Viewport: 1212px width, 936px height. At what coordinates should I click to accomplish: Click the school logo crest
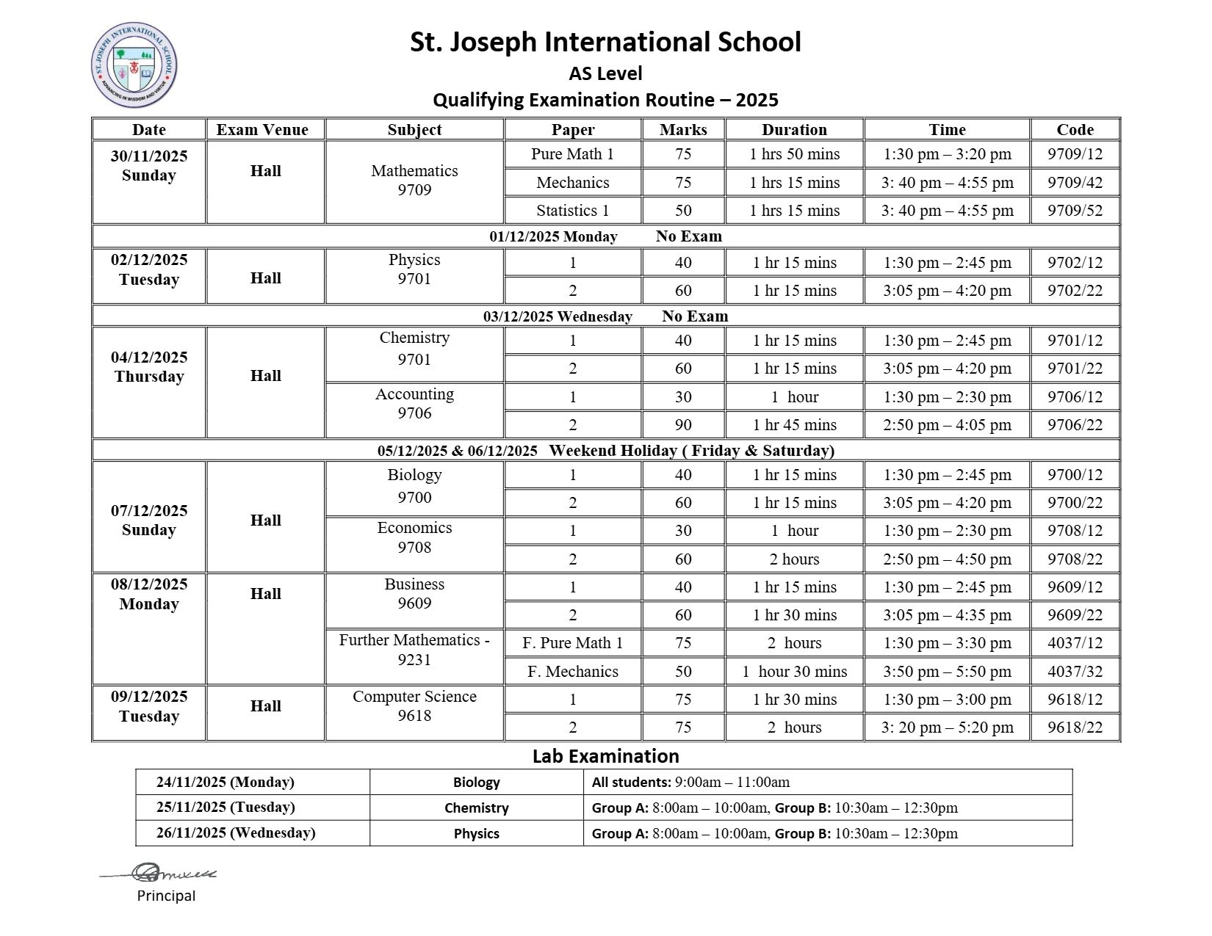tap(134, 65)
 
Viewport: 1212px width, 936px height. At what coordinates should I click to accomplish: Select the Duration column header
tap(794, 130)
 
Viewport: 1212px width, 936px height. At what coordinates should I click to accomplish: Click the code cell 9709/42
tap(1075, 183)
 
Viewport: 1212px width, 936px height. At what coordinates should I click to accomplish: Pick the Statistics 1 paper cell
tap(572, 211)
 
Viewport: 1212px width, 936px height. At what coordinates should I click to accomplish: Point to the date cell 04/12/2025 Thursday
tap(148, 367)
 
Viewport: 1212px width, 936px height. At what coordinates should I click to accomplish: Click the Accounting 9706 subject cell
tap(414, 404)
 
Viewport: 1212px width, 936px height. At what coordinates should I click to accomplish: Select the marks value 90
tap(683, 425)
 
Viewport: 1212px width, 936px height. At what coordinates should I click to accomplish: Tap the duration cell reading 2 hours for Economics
tap(794, 559)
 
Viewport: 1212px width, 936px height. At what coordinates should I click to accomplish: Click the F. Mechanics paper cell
tap(572, 672)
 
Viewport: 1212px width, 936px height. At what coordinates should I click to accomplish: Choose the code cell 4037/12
tap(1075, 643)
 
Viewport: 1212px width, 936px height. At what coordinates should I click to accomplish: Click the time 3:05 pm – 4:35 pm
tap(947, 615)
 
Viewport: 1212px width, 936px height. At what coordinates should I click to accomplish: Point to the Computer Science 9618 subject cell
tap(414, 706)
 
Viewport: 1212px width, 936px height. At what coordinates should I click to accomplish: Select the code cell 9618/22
tap(1075, 728)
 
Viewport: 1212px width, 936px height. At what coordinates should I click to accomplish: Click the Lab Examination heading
tap(605, 756)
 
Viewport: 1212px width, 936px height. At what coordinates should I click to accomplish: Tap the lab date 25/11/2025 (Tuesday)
tap(226, 808)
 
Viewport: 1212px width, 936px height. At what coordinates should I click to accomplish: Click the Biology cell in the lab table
tap(476, 783)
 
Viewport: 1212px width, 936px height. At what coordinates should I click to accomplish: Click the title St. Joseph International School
tap(605, 42)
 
